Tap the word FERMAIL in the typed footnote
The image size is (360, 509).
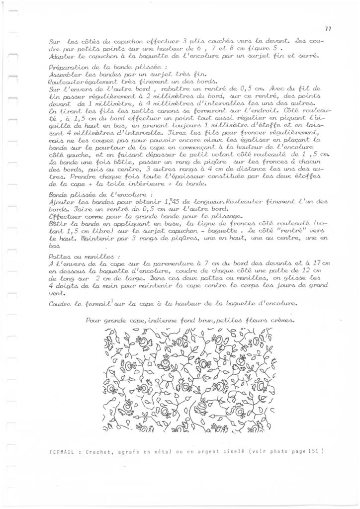(x=62, y=452)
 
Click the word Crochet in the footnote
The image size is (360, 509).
(x=97, y=452)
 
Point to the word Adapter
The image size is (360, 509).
(x=62, y=56)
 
